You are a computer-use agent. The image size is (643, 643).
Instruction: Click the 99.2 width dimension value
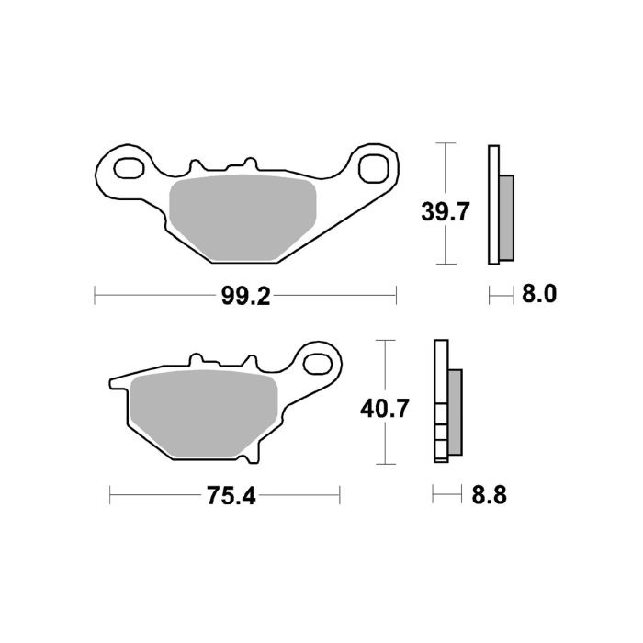[x=246, y=296]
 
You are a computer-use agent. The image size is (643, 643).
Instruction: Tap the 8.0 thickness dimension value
[x=539, y=295]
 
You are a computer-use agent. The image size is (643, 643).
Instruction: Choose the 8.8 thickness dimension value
[x=488, y=496]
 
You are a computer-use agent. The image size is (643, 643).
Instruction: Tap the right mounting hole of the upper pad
[x=372, y=169]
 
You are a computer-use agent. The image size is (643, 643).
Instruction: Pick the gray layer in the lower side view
[x=454, y=412]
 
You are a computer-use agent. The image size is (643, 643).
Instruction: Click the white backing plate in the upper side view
[x=493, y=205]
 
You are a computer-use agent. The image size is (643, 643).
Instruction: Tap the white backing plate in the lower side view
[x=439, y=401]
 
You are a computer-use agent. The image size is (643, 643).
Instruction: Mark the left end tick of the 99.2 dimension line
[x=96, y=296]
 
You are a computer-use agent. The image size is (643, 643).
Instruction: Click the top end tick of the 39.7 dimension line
[x=446, y=144]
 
